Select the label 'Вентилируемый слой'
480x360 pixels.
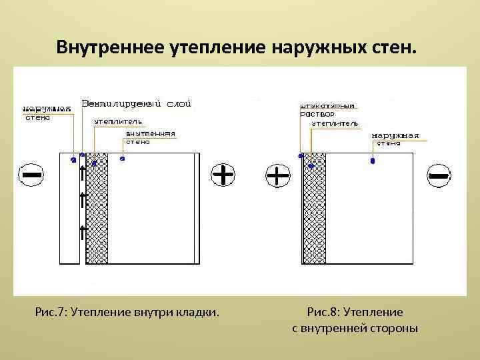point(137,103)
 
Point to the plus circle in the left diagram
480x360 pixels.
point(223,175)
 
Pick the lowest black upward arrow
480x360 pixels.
point(83,232)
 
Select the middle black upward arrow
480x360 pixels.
point(83,199)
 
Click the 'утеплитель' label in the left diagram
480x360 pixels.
point(118,123)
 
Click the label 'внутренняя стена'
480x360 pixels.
point(150,137)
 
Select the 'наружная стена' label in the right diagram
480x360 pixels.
point(395,139)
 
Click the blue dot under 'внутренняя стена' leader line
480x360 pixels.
point(122,159)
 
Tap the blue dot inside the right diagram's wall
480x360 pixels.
point(372,161)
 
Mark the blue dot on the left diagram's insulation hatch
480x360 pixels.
point(94,163)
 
